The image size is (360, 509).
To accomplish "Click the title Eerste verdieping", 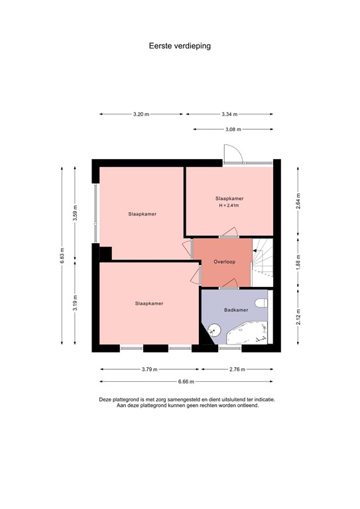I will [x=180, y=47].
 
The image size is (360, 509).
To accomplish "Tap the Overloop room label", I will [x=224, y=262].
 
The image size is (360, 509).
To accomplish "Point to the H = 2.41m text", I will [x=229, y=206].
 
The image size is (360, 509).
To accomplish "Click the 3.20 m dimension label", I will [x=141, y=114].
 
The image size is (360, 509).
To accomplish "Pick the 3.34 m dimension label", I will [x=229, y=114].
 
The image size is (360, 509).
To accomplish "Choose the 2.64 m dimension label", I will [x=298, y=199].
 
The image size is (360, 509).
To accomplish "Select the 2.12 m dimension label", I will [x=298, y=316].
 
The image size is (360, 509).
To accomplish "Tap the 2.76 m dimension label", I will [x=237, y=369].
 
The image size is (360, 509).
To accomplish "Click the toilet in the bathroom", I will [x=264, y=302].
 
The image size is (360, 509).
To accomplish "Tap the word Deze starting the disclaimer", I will [x=106, y=400].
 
